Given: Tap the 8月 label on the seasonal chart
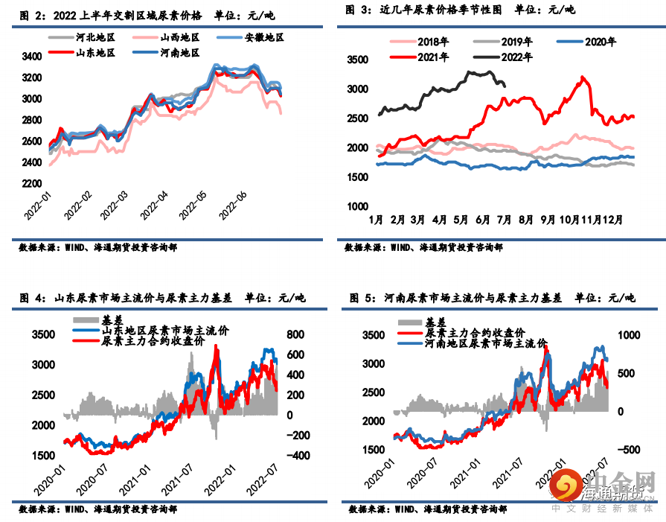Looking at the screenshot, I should click(526, 220).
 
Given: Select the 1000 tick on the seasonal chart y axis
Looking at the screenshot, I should click(359, 206).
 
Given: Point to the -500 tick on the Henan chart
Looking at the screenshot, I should click(627, 450).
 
